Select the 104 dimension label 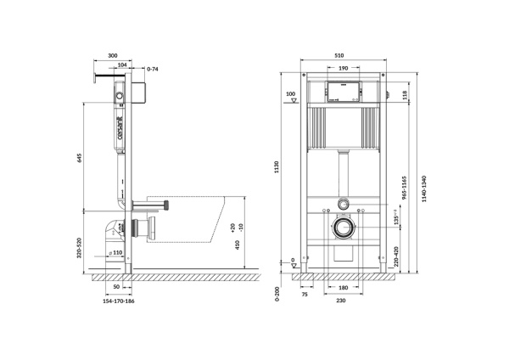(123, 65)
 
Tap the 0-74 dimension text (153, 68)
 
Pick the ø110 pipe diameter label (115, 253)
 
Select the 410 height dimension (238, 245)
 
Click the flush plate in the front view (342, 88)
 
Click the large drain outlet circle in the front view (342, 228)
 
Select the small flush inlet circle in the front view (342, 205)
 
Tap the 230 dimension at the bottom (342, 301)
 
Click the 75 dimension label (304, 294)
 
